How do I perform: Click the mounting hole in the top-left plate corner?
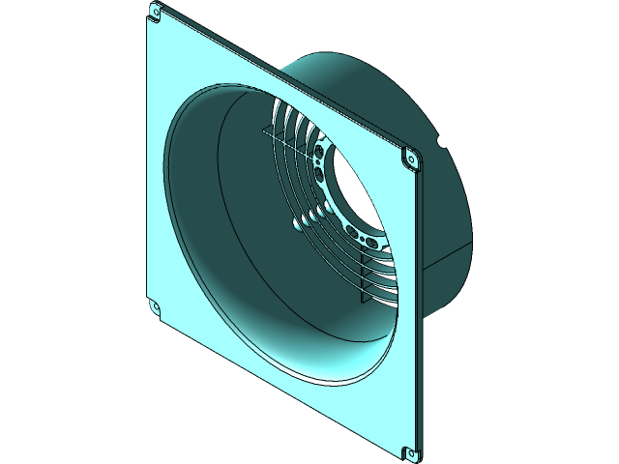[155, 13]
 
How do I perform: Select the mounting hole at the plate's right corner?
[410, 158]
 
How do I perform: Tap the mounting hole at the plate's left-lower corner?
[154, 307]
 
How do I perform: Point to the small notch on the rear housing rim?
[440, 142]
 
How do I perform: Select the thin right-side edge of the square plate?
[419, 309]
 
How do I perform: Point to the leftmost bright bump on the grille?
[295, 225]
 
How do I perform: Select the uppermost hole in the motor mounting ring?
[320, 151]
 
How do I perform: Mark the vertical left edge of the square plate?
[148, 164]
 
